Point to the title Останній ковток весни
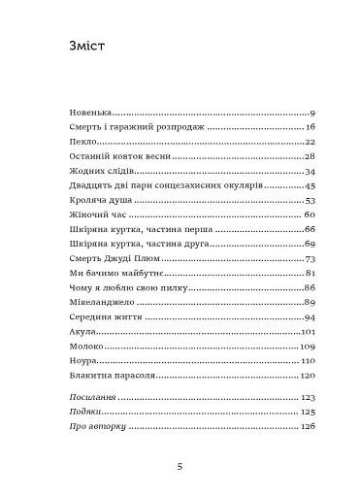(121, 157)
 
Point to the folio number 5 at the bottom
(180, 467)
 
